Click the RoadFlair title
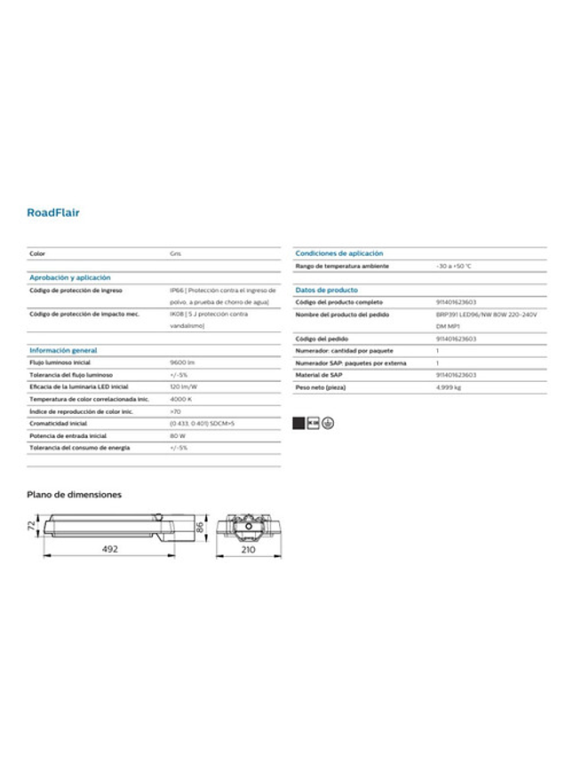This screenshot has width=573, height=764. pos(53,213)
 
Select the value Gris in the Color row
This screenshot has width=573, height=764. pos(176,254)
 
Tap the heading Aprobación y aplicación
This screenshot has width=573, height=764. pos(69,278)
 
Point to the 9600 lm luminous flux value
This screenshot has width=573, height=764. pos(182,363)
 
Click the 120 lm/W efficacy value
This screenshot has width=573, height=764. pos(184,387)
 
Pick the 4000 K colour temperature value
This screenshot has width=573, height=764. pos(181,400)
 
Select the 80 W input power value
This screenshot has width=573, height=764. pos(178,436)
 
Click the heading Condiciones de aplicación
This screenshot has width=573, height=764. pos(339,253)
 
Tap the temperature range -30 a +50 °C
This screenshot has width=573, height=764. pos(454,266)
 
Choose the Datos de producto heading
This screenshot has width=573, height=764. pos(327,290)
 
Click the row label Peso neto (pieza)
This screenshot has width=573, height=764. pos(321,387)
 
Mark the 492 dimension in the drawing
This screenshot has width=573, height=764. pos(109,550)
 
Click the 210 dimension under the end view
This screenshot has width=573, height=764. pos(249,550)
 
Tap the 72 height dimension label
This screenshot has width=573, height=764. pos(31,526)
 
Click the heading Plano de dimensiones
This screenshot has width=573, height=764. pos(74,494)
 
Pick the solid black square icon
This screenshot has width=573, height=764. pos(300,422)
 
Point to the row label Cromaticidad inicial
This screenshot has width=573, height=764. pos(59,424)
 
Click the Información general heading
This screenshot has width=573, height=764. pos(63,351)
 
